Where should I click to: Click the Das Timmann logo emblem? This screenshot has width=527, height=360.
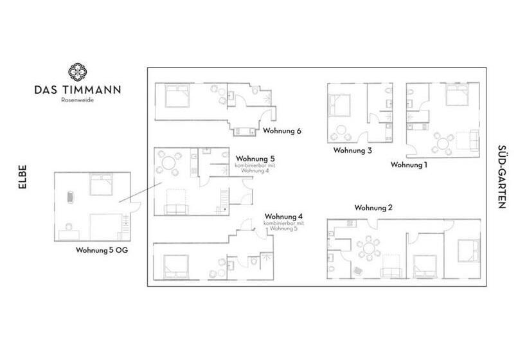[78, 71]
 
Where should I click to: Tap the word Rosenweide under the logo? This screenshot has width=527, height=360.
[78, 100]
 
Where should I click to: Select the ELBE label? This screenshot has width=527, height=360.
[22, 177]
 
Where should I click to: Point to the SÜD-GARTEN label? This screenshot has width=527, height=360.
[501, 177]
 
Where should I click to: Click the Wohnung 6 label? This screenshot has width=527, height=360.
[281, 130]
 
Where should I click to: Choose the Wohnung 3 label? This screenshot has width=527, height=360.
[353, 150]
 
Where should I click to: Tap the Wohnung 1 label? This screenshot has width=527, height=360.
[409, 165]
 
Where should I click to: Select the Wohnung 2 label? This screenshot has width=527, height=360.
[373, 208]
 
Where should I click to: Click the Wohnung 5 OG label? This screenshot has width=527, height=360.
[102, 250]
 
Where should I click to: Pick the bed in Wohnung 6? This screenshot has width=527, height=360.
[177, 96]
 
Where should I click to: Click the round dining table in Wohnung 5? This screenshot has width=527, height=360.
[168, 164]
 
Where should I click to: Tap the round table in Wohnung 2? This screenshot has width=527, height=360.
[369, 249]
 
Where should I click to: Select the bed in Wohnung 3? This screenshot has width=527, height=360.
[340, 105]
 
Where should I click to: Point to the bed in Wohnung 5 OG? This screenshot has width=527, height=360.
[101, 184]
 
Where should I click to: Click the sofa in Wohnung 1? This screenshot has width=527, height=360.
[474, 140]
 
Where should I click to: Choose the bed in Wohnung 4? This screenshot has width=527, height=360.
[176, 267]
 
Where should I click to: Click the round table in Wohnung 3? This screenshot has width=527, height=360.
[341, 130]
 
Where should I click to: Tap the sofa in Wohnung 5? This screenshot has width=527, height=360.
[175, 209]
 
